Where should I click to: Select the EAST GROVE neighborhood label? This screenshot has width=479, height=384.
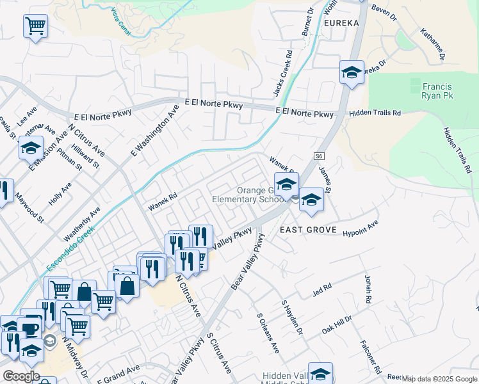[x=305, y=229]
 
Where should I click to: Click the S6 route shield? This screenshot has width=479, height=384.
[x=320, y=156]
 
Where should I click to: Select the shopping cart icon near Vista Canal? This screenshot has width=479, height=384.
[x=35, y=27]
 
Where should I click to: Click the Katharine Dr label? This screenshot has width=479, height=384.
[x=433, y=44]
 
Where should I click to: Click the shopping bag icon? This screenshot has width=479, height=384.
[x=128, y=286]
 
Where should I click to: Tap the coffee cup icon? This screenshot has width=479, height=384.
[x=31, y=329]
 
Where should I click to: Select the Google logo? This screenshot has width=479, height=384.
[x=20, y=376]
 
